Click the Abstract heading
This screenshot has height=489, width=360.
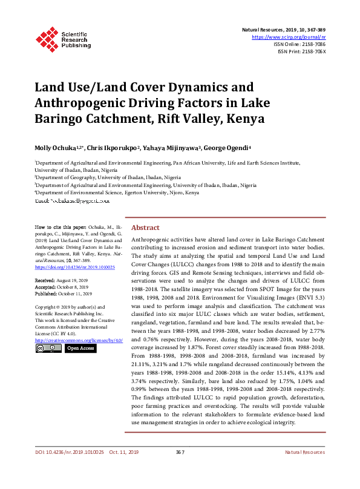click(x=145, y=228)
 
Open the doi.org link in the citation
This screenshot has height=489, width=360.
click(x=67, y=266)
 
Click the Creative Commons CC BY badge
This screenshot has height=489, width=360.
click(x=48, y=349)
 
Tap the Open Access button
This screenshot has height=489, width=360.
click(x=80, y=349)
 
